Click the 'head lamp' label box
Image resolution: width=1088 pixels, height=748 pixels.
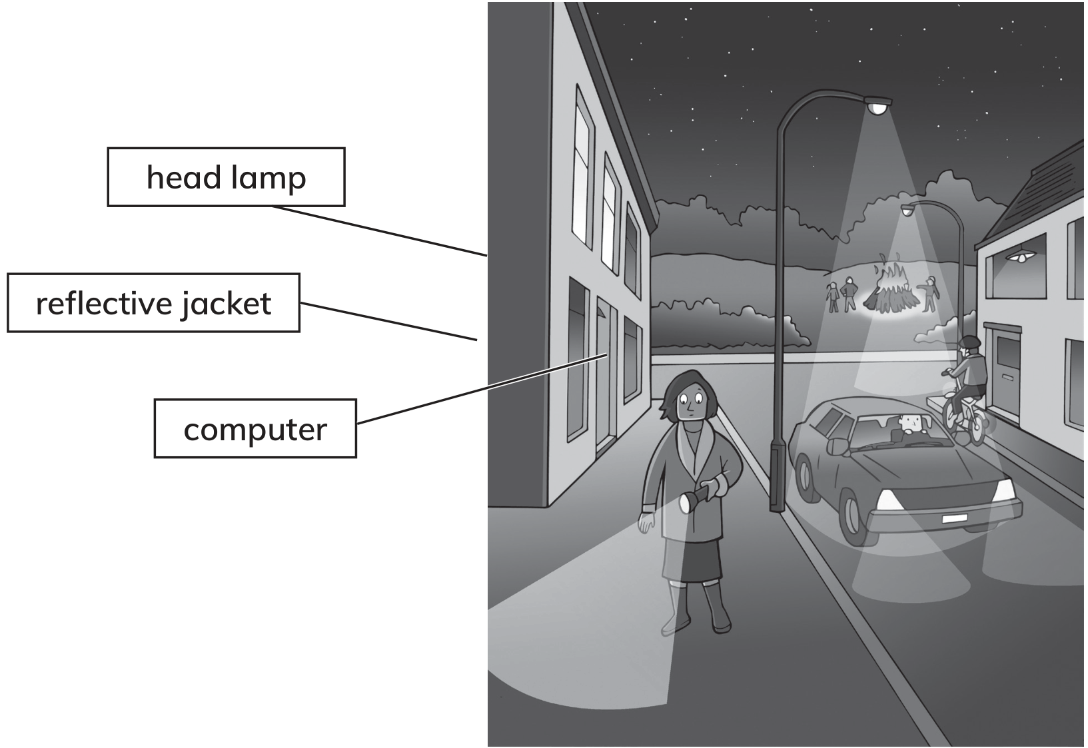[x=227, y=177]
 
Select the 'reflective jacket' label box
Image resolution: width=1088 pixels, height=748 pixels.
[x=153, y=303]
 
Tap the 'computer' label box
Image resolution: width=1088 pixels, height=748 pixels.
[x=255, y=429]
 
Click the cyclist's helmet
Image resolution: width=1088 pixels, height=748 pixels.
[x=970, y=342]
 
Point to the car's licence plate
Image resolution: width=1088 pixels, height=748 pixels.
[x=954, y=519]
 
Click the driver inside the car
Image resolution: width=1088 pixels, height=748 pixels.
[x=908, y=424]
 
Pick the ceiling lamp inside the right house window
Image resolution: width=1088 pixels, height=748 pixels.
[x=1021, y=256]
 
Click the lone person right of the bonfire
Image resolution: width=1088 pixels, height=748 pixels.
[x=931, y=294]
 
